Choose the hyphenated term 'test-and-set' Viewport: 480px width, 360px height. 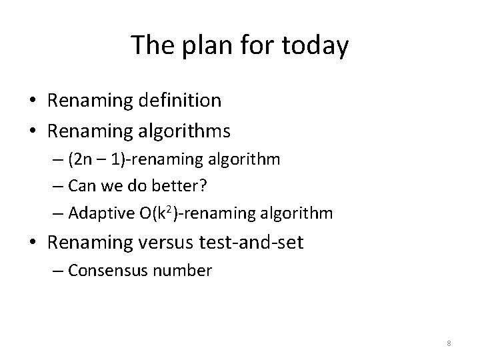pos(251,243)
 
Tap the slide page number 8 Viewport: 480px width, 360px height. pos(449,343)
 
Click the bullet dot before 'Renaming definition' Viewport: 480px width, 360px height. pos(32,101)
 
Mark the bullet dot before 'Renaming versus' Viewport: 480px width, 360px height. pos(32,243)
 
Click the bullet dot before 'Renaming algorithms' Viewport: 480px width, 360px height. pos(32,132)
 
